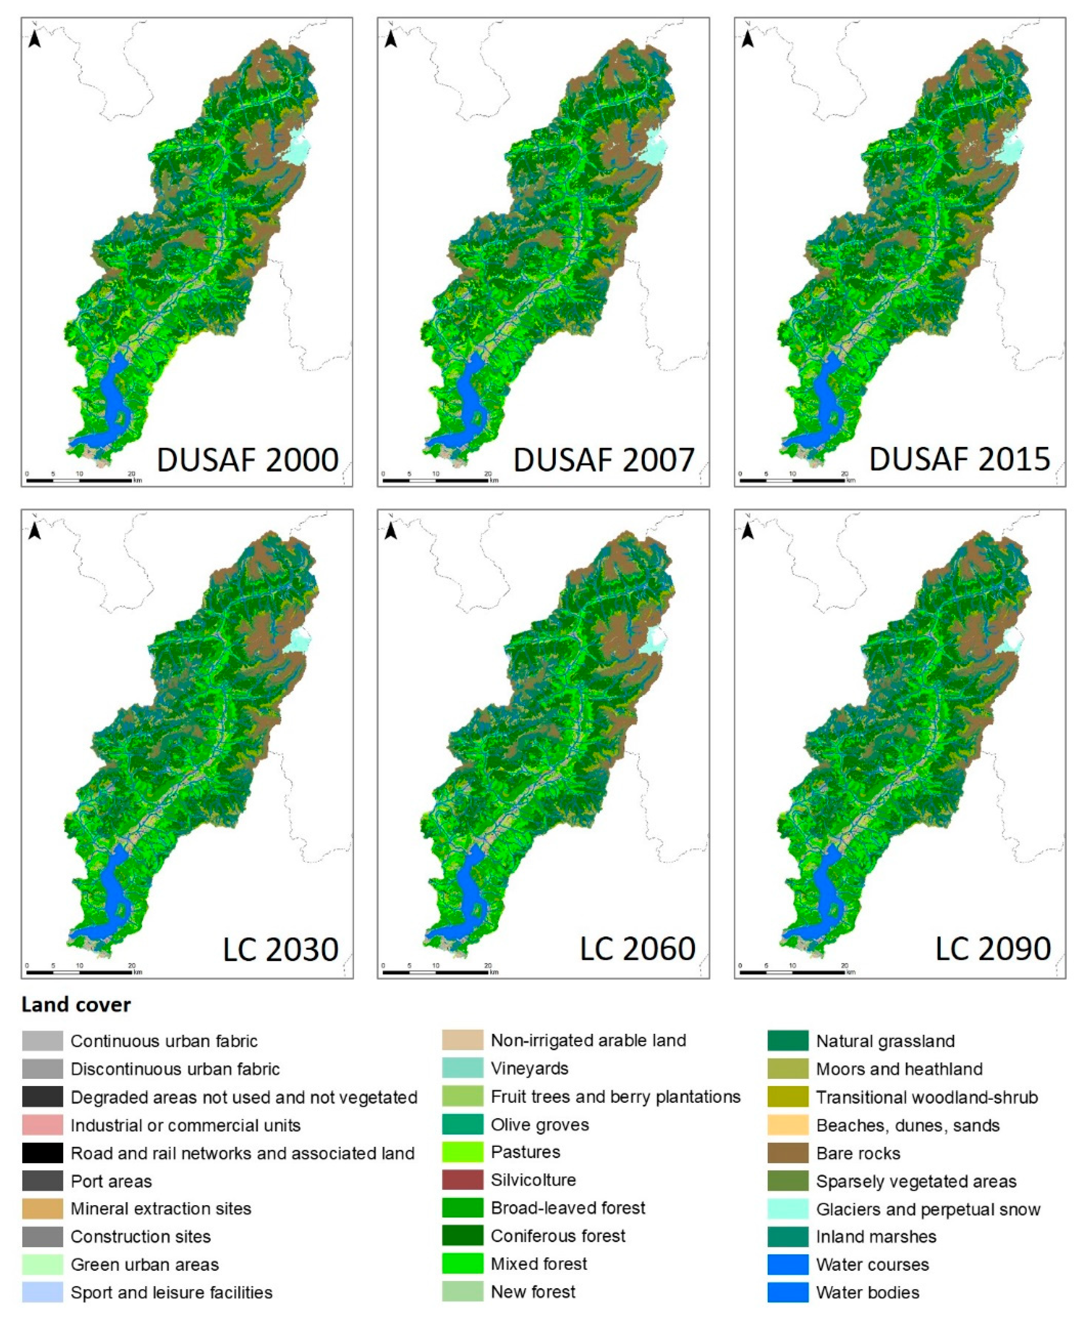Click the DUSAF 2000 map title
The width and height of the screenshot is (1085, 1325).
click(247, 460)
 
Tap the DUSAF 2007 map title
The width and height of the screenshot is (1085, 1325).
click(604, 460)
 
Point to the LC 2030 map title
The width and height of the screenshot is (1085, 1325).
click(281, 950)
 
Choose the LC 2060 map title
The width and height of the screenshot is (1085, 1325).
click(637, 950)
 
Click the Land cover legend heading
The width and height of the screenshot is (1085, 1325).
click(76, 1005)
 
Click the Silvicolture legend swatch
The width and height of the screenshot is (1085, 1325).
click(462, 1180)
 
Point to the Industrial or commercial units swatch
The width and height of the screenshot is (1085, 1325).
click(42, 1125)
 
